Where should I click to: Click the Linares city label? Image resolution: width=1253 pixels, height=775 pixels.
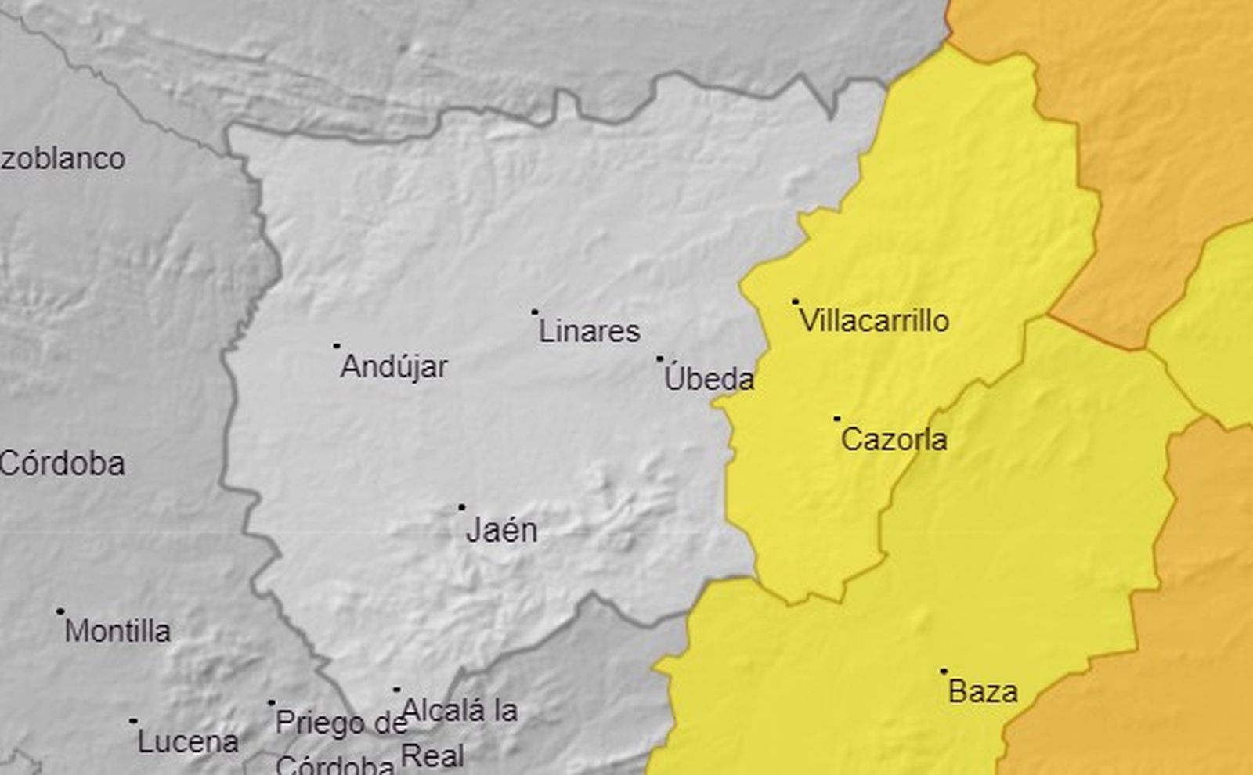point(589,331)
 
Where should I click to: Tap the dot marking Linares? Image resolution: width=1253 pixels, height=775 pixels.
point(535,312)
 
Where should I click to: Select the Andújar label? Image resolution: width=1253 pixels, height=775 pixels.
point(394,366)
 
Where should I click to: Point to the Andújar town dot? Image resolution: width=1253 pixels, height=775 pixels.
point(337,345)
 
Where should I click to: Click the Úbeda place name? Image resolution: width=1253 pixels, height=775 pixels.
point(709,380)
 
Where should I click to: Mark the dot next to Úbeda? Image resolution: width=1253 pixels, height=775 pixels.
point(659,359)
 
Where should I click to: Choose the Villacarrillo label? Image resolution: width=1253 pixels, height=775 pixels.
point(874,321)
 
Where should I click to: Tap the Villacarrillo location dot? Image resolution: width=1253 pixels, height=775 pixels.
point(796,301)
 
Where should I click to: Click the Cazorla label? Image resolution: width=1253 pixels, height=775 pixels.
point(894,440)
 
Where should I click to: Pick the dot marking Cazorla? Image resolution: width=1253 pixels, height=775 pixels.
point(836,419)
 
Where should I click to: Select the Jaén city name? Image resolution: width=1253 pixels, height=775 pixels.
point(501,531)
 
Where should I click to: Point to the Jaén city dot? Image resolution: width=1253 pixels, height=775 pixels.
point(461,507)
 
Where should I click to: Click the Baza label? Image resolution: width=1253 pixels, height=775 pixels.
point(983,692)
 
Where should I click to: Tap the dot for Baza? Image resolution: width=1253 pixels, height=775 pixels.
point(944,671)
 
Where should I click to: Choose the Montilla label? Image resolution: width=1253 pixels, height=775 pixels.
point(117,631)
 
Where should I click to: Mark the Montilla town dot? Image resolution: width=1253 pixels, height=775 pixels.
point(60,611)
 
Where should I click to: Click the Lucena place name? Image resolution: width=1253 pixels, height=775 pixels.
point(188,742)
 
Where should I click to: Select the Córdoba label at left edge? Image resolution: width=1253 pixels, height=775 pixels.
point(63,464)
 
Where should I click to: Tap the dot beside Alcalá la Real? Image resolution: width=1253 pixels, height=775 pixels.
point(397,690)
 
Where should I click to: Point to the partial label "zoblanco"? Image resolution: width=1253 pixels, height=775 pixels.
point(63,159)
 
